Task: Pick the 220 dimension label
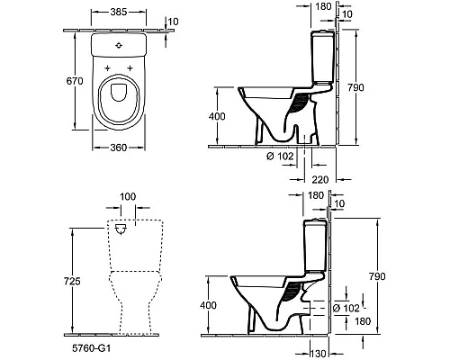(x=320, y=178)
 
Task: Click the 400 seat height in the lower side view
(x=208, y=307)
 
